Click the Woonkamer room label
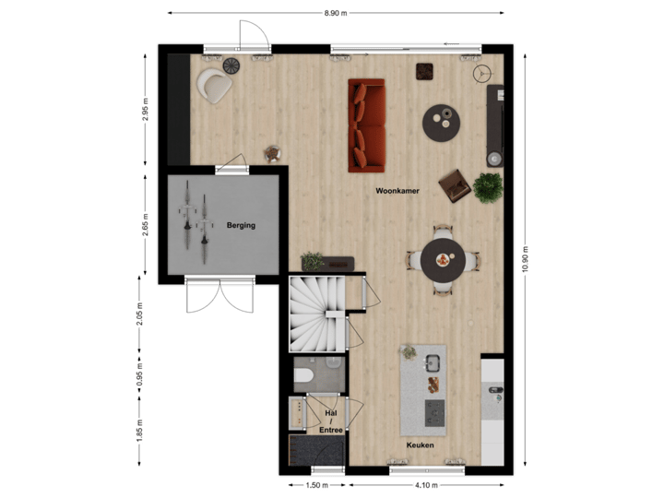[397, 191]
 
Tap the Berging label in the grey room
[241, 225]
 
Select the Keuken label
[421, 445]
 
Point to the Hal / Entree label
[331, 421]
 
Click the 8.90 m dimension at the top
[336, 12]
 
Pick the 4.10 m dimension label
[425, 485]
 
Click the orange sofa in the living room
[365, 125]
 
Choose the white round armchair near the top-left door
[214, 86]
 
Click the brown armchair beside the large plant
[455, 184]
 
